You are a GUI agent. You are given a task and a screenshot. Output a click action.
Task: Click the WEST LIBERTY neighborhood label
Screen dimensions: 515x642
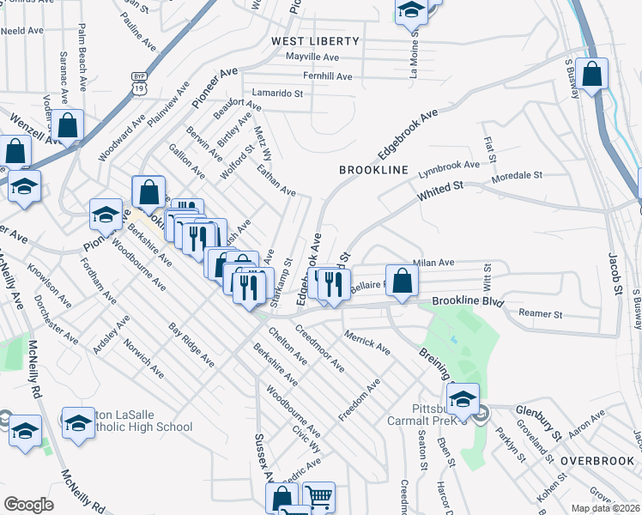(315, 41)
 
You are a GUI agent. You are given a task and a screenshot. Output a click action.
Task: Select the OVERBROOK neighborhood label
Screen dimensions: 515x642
(597, 461)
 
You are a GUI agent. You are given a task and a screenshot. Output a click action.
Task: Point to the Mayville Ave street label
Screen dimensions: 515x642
(313, 58)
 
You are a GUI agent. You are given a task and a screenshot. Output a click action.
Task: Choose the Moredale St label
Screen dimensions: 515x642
(517, 175)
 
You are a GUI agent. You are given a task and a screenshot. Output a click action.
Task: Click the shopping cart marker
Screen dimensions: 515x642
(318, 496)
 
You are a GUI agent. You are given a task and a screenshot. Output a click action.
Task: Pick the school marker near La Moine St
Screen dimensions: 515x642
(411, 11)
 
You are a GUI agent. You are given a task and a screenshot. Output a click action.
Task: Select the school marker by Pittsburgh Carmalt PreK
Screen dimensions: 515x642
(463, 397)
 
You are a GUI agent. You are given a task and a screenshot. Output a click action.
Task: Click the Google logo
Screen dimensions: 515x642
(28, 504)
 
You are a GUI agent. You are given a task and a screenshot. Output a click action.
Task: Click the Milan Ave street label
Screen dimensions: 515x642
(433, 263)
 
